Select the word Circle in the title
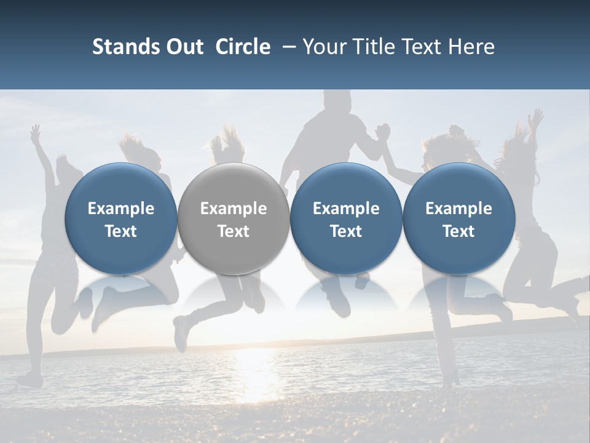click(x=243, y=47)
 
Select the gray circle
click(x=234, y=218)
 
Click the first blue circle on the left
click(x=121, y=218)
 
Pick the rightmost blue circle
click(x=458, y=218)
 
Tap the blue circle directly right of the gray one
click(x=346, y=218)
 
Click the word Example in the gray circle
click(x=234, y=209)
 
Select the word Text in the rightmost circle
click(x=458, y=231)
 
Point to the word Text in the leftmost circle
click(x=121, y=231)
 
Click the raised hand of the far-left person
click(x=36, y=131)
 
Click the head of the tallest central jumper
click(x=336, y=101)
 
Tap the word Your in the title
click(x=323, y=47)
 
